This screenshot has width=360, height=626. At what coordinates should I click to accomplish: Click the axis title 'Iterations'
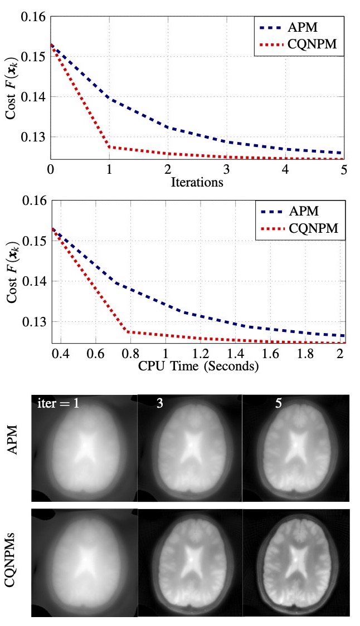pos(197,182)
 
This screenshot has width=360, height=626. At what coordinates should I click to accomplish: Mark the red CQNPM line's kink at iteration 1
pos(109,147)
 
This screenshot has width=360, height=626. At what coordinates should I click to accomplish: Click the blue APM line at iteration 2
pos(168,128)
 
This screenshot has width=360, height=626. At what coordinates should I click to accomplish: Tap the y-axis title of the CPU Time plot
pos(12,273)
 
